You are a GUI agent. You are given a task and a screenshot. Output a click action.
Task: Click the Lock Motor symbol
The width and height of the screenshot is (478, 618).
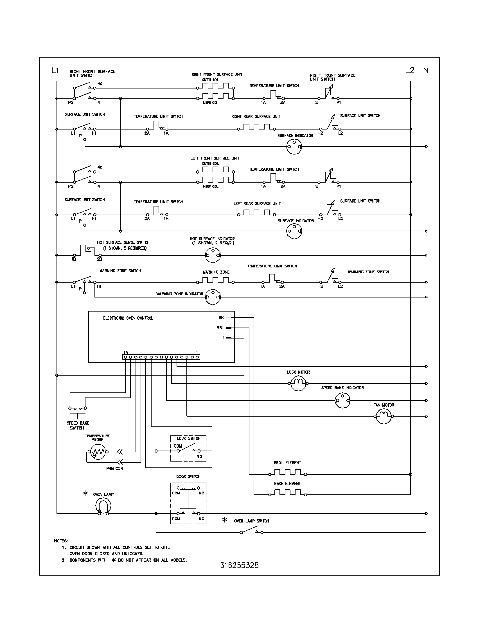click(x=298, y=383)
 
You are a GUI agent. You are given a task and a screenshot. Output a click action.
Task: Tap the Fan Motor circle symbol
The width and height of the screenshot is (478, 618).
click(x=384, y=416)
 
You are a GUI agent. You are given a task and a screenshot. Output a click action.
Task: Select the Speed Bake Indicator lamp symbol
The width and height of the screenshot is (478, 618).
click(x=342, y=401)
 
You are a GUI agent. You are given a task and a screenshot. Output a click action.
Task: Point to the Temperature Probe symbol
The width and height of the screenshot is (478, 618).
click(x=97, y=452)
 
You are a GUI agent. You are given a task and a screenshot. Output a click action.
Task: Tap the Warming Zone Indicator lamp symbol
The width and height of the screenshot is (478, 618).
click(x=213, y=297)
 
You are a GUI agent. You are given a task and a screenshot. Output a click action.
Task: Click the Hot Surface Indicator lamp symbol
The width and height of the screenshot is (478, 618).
click(x=213, y=255)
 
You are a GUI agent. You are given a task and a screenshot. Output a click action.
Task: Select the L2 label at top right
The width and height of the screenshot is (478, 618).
click(x=409, y=71)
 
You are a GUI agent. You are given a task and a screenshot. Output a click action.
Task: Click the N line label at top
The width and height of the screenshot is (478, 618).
click(x=426, y=71)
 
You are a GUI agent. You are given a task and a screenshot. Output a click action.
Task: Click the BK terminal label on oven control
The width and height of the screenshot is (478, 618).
click(x=221, y=318)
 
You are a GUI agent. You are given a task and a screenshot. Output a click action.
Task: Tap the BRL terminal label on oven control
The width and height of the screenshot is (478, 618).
click(x=220, y=328)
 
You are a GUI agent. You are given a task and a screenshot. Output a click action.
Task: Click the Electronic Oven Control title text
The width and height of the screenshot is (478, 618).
click(x=128, y=318)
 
